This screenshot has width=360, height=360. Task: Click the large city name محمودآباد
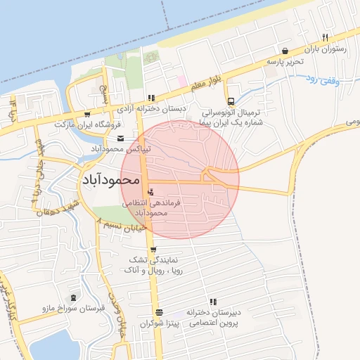[110, 181]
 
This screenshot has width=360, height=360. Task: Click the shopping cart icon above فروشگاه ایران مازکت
[87, 114]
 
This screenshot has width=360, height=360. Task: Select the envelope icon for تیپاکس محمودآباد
[120, 138]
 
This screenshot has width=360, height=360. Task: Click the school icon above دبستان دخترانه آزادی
[150, 98]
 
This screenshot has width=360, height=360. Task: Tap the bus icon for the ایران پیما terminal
[231, 101]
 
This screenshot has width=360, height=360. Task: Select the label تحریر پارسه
[284, 62]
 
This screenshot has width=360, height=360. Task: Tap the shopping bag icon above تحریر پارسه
[284, 51]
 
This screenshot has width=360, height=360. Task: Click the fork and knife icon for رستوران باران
[324, 37]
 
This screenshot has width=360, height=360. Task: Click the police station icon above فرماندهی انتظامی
[152, 191]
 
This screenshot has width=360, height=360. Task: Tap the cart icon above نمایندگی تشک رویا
[153, 250]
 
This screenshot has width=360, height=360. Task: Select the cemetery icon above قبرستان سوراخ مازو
[74, 297]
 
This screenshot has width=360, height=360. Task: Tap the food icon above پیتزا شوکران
[159, 312]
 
